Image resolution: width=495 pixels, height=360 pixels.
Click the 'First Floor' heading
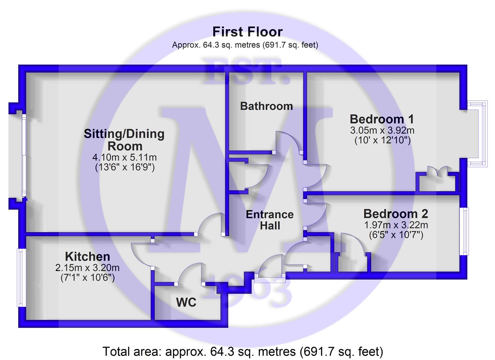pos(247,32)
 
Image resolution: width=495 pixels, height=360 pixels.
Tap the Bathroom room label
pos(267,106)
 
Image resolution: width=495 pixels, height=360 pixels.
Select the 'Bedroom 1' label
pos(382,119)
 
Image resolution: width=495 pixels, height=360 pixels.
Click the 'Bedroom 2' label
pos(396,214)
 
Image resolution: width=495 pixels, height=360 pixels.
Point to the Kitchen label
pos(88,257)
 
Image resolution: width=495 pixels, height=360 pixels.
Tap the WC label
pos(186,302)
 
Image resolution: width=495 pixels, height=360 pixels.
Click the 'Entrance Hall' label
pos(270,220)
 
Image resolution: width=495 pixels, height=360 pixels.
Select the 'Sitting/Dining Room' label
pos(124,140)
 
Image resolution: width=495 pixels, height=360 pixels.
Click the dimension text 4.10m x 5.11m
pos(125,158)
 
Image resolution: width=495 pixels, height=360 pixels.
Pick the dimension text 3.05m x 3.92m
pos(382,130)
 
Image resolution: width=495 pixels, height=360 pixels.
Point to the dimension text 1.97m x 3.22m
pos(396,225)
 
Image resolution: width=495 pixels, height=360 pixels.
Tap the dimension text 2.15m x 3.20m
pos(88,268)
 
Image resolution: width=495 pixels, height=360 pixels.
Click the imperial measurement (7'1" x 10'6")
pos(88,278)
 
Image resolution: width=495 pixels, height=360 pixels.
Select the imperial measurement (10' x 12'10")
pos(383,140)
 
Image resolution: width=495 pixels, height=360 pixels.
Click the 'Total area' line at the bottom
pos(243,351)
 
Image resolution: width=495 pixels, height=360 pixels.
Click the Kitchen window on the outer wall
pos(21,278)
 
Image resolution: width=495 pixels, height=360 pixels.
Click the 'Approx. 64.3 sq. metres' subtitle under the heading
pos(245,45)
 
